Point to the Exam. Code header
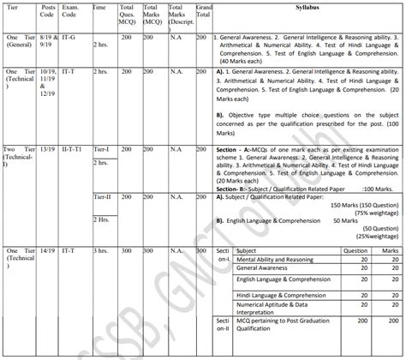(x=71, y=15)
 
